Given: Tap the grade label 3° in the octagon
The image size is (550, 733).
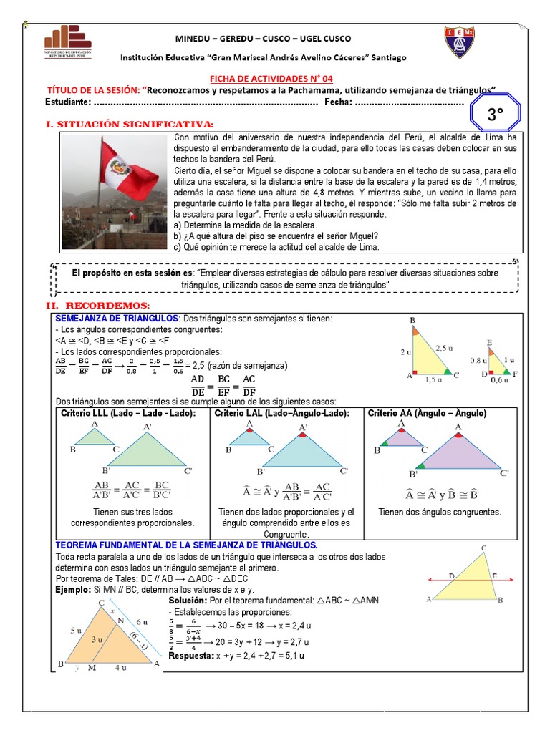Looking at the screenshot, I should [x=495, y=114].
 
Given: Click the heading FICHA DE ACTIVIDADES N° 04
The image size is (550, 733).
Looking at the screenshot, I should [x=271, y=79].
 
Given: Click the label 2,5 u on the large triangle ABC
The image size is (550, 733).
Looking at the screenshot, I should [x=444, y=348].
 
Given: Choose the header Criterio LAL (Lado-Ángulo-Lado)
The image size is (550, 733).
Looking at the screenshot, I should [x=282, y=414].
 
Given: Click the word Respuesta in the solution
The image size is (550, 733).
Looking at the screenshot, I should [x=190, y=656].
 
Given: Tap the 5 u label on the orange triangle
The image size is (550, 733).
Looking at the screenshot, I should [x=76, y=631].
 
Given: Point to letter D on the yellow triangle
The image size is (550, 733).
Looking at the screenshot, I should [x=451, y=575].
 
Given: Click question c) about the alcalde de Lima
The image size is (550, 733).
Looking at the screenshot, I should [x=276, y=247].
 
